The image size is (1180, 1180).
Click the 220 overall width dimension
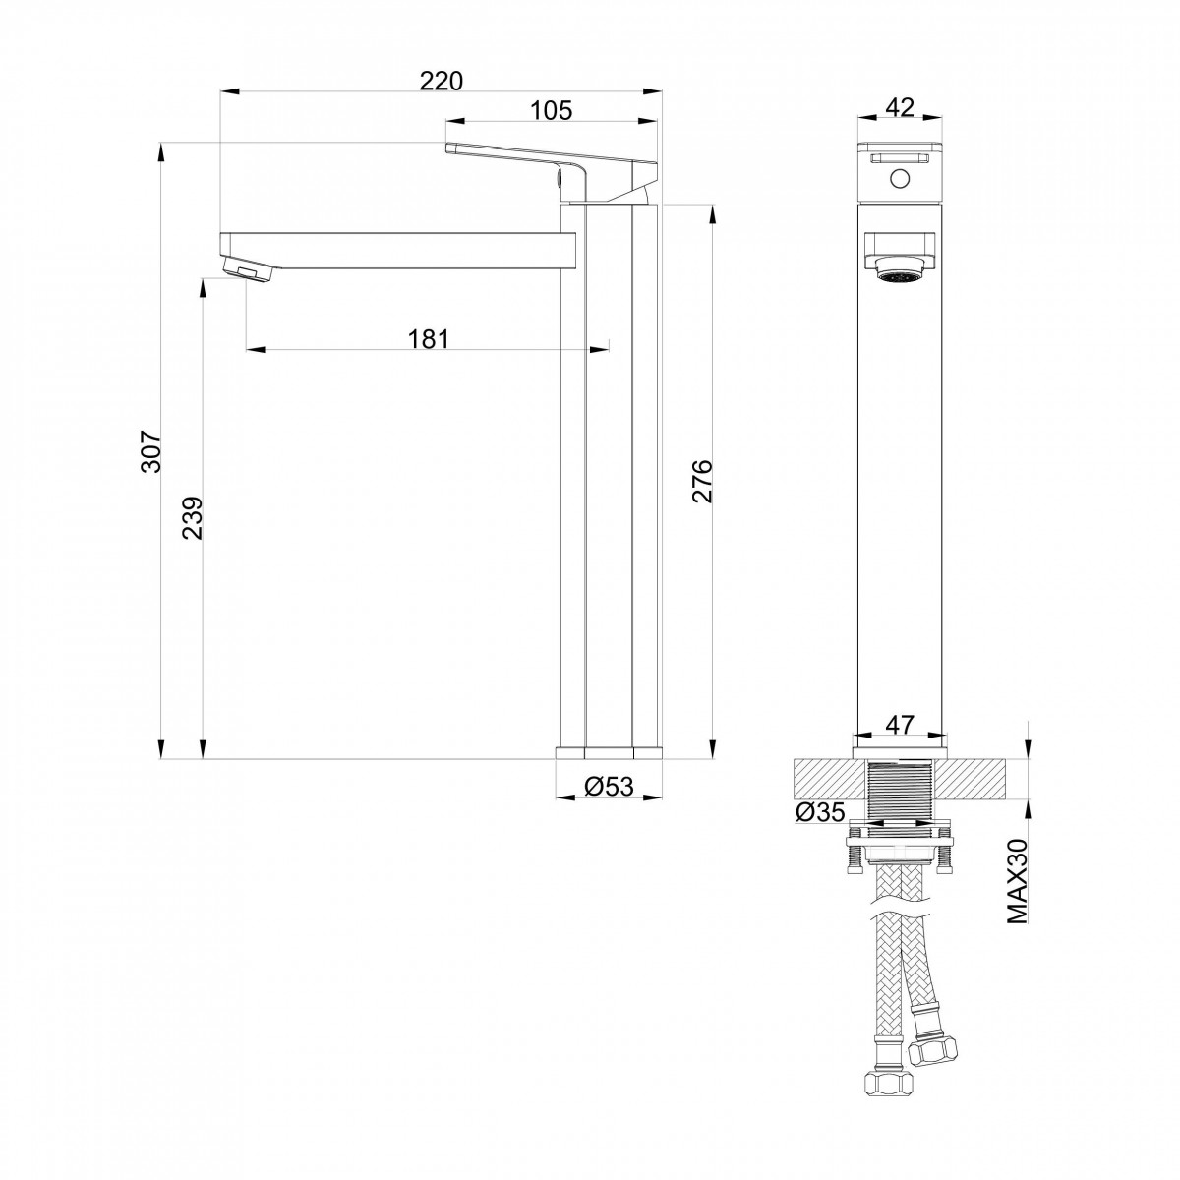[x=441, y=81]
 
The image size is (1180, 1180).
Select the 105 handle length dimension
[x=551, y=110]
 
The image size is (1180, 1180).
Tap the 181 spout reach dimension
[x=429, y=338]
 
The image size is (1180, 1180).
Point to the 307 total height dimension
[x=151, y=451]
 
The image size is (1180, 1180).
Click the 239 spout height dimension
[x=193, y=517]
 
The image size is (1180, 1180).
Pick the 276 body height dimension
[x=702, y=481]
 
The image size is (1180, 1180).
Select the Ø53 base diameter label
[x=609, y=786]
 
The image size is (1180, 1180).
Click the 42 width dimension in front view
[x=900, y=108]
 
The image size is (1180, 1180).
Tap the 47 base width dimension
[x=900, y=725]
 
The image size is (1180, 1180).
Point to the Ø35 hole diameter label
[x=820, y=812]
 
